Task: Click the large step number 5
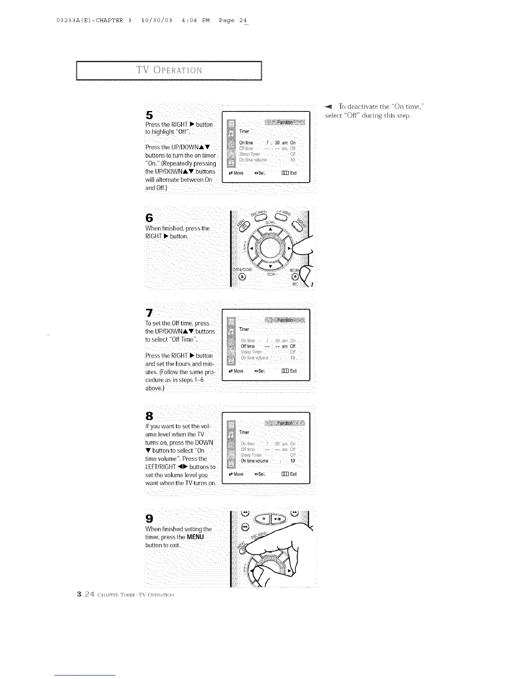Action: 149,115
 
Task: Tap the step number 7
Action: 149,312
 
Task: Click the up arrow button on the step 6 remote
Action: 270,230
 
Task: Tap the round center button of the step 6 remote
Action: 270,247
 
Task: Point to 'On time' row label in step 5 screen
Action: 246,143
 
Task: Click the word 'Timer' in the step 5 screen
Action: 244,132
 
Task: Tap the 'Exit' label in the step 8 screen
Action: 293,474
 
